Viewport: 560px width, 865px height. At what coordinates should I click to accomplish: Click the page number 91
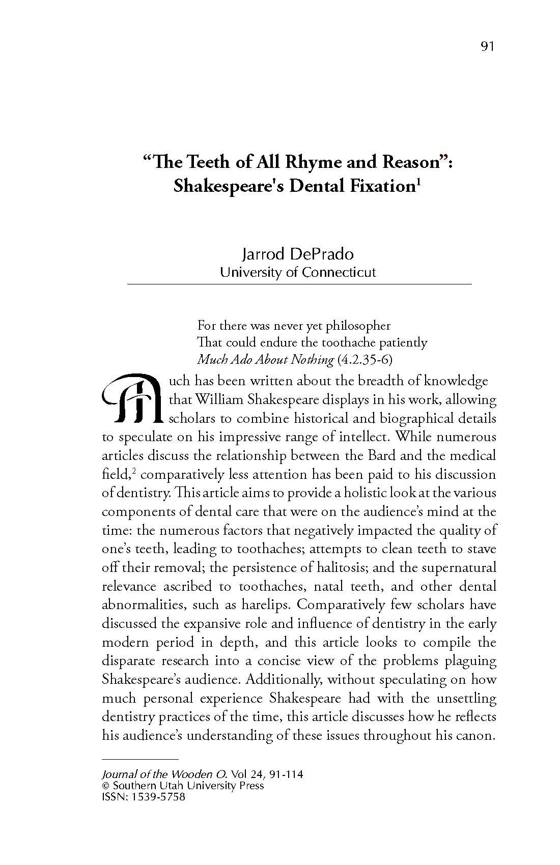click(x=487, y=47)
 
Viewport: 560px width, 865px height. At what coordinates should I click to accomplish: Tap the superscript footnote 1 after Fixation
click(x=418, y=181)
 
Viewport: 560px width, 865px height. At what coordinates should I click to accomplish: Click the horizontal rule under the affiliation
click(x=299, y=283)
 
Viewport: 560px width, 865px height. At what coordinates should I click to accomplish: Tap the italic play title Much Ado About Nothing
click(x=265, y=360)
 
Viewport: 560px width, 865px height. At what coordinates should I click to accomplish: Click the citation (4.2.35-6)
click(x=365, y=360)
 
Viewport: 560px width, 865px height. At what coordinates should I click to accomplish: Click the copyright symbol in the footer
click(x=106, y=786)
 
